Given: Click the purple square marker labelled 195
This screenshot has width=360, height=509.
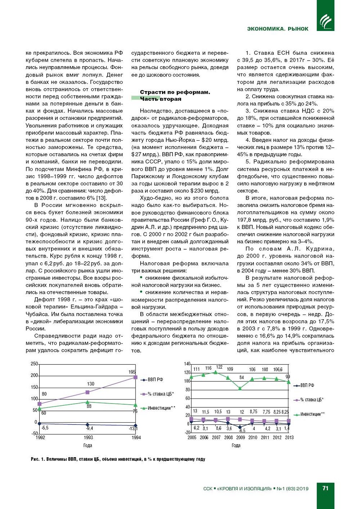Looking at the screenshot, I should click(x=135, y=377).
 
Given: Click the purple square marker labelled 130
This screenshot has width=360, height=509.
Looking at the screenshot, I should click(x=87, y=392).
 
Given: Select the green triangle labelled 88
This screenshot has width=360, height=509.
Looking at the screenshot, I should click(x=87, y=402).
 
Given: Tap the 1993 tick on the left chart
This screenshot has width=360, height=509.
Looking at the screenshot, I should click(x=88, y=437).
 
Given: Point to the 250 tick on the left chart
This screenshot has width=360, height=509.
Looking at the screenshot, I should click(x=34, y=364).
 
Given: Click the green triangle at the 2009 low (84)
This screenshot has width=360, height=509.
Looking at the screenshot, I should click(x=240, y=388).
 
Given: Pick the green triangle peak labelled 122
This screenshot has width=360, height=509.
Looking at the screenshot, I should click(x=216, y=372).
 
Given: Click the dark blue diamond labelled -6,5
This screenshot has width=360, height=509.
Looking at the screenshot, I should click(x=240, y=427).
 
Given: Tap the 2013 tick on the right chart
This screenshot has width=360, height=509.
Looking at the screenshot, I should click(x=289, y=437).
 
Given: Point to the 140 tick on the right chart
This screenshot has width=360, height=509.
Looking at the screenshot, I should click(x=187, y=364).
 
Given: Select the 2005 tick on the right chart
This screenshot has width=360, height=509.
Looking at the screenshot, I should click(x=192, y=437).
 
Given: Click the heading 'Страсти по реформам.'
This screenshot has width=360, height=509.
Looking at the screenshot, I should click(x=175, y=92).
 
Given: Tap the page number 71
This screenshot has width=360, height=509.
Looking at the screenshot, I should click(x=325, y=488).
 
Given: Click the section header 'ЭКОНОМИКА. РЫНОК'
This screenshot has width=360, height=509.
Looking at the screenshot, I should click(x=277, y=29).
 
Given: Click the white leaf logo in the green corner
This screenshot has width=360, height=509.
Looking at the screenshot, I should click(x=325, y=21).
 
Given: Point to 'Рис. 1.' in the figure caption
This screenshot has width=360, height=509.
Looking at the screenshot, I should click(x=37, y=459).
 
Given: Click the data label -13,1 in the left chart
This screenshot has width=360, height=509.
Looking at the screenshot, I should click(x=133, y=429).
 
